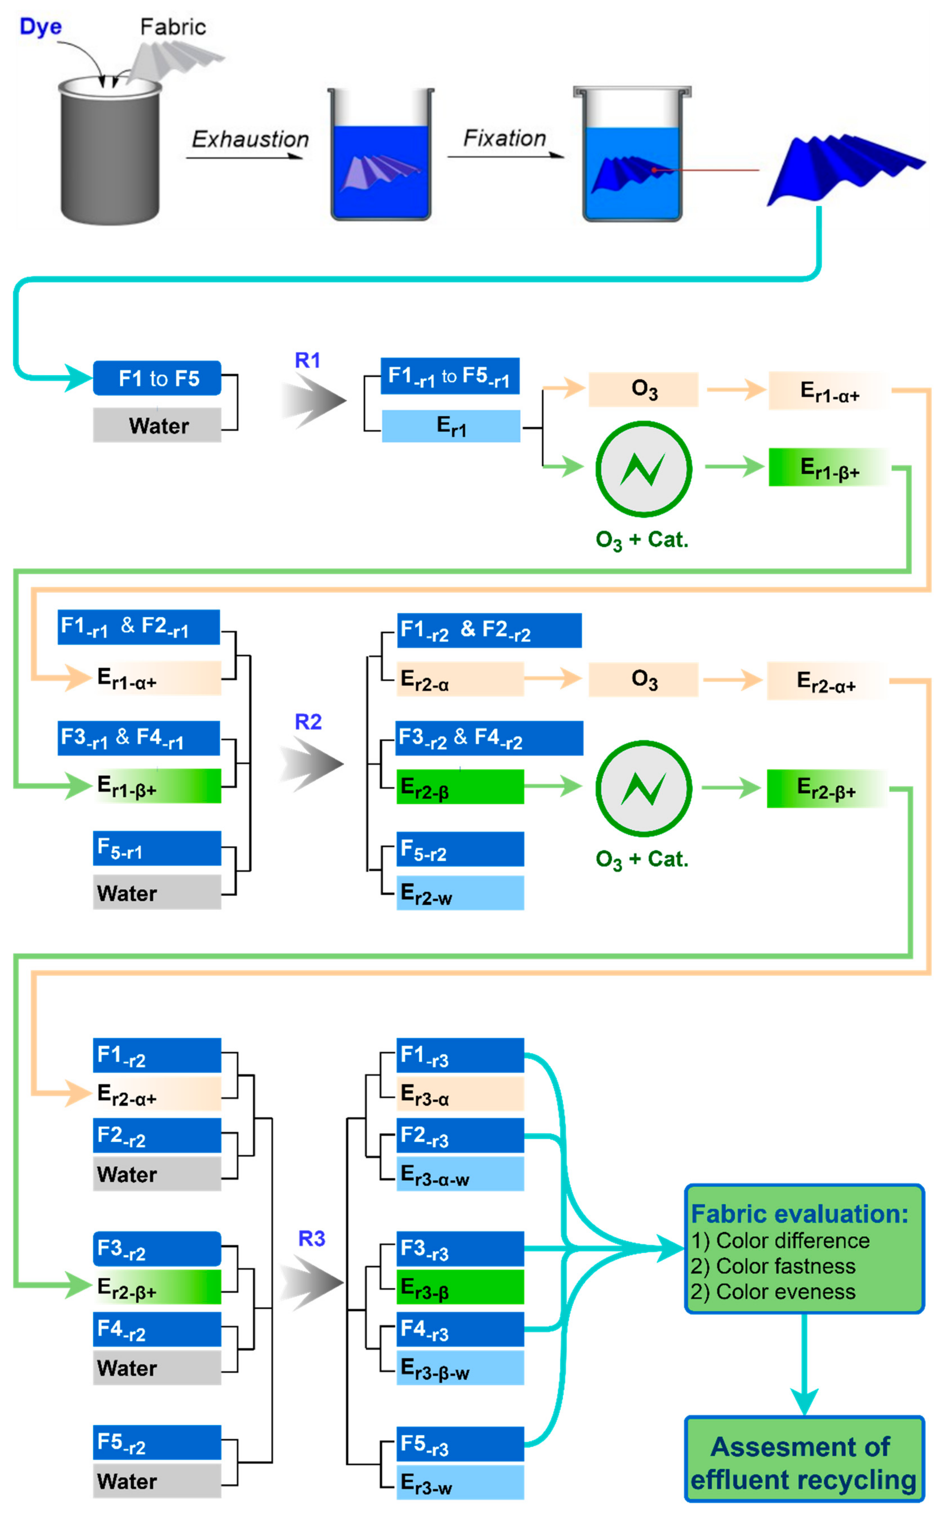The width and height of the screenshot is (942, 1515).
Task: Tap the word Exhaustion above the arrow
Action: tap(250, 139)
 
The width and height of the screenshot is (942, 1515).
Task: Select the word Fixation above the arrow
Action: tap(505, 138)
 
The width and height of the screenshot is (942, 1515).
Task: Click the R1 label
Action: tap(308, 360)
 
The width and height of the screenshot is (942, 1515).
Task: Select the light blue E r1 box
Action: tap(451, 426)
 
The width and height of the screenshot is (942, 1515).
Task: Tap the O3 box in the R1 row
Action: tap(644, 389)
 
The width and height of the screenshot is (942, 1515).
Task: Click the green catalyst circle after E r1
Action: tap(644, 469)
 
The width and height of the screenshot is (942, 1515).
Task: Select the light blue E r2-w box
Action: tap(460, 893)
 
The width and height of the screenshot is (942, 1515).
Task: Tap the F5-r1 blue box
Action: tap(157, 848)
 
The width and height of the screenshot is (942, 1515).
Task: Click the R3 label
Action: tap(311, 1238)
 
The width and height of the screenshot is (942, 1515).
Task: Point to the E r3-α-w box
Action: tap(460, 1174)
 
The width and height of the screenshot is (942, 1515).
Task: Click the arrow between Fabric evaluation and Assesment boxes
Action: tap(804, 1364)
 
